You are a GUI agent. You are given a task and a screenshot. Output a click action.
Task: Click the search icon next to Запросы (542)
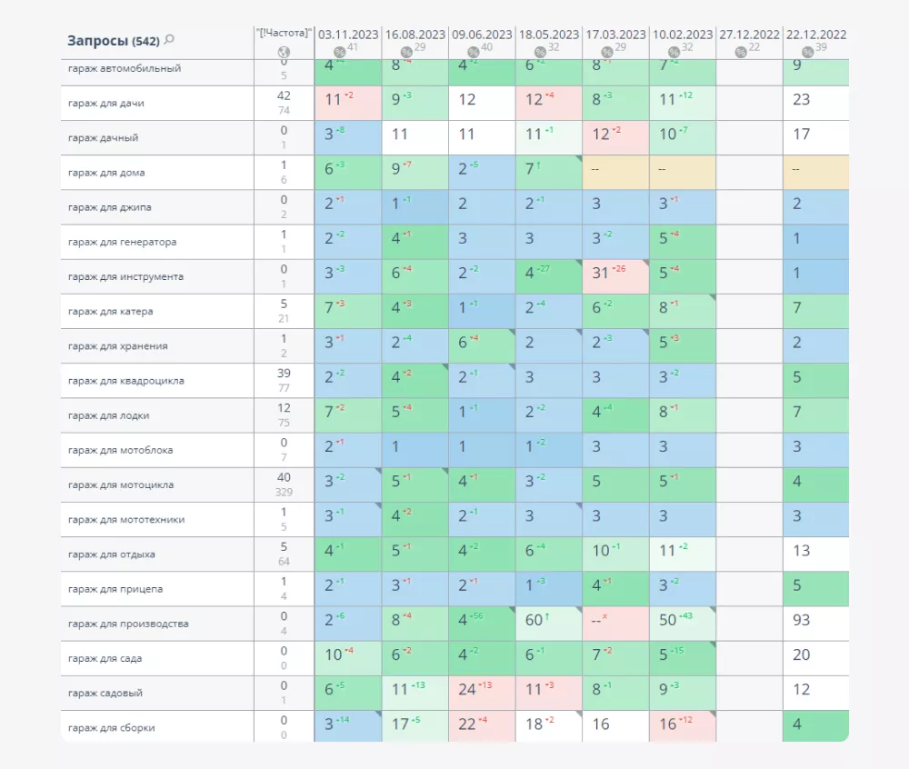170,40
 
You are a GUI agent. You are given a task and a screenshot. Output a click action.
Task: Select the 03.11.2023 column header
348,35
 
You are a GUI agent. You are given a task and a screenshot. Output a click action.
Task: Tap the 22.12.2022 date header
815,35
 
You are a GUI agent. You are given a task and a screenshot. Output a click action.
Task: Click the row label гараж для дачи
106,103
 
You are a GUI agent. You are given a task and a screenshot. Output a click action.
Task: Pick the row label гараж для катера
110,311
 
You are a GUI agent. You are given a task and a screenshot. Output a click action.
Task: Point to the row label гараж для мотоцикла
121,484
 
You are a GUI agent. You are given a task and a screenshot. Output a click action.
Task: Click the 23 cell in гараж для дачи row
801,100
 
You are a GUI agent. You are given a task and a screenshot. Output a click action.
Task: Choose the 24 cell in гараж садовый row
467,690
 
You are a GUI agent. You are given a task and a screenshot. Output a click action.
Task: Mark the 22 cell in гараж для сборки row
467,724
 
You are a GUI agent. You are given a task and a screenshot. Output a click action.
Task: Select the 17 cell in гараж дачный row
801,135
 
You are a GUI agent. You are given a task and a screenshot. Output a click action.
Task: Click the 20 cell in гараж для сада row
801,655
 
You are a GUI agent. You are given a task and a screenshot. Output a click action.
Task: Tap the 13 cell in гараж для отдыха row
801,551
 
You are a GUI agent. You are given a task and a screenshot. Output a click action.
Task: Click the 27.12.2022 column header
749,35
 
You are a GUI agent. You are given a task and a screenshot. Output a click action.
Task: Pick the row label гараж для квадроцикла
125,381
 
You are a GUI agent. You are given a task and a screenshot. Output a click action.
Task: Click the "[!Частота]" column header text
284,34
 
